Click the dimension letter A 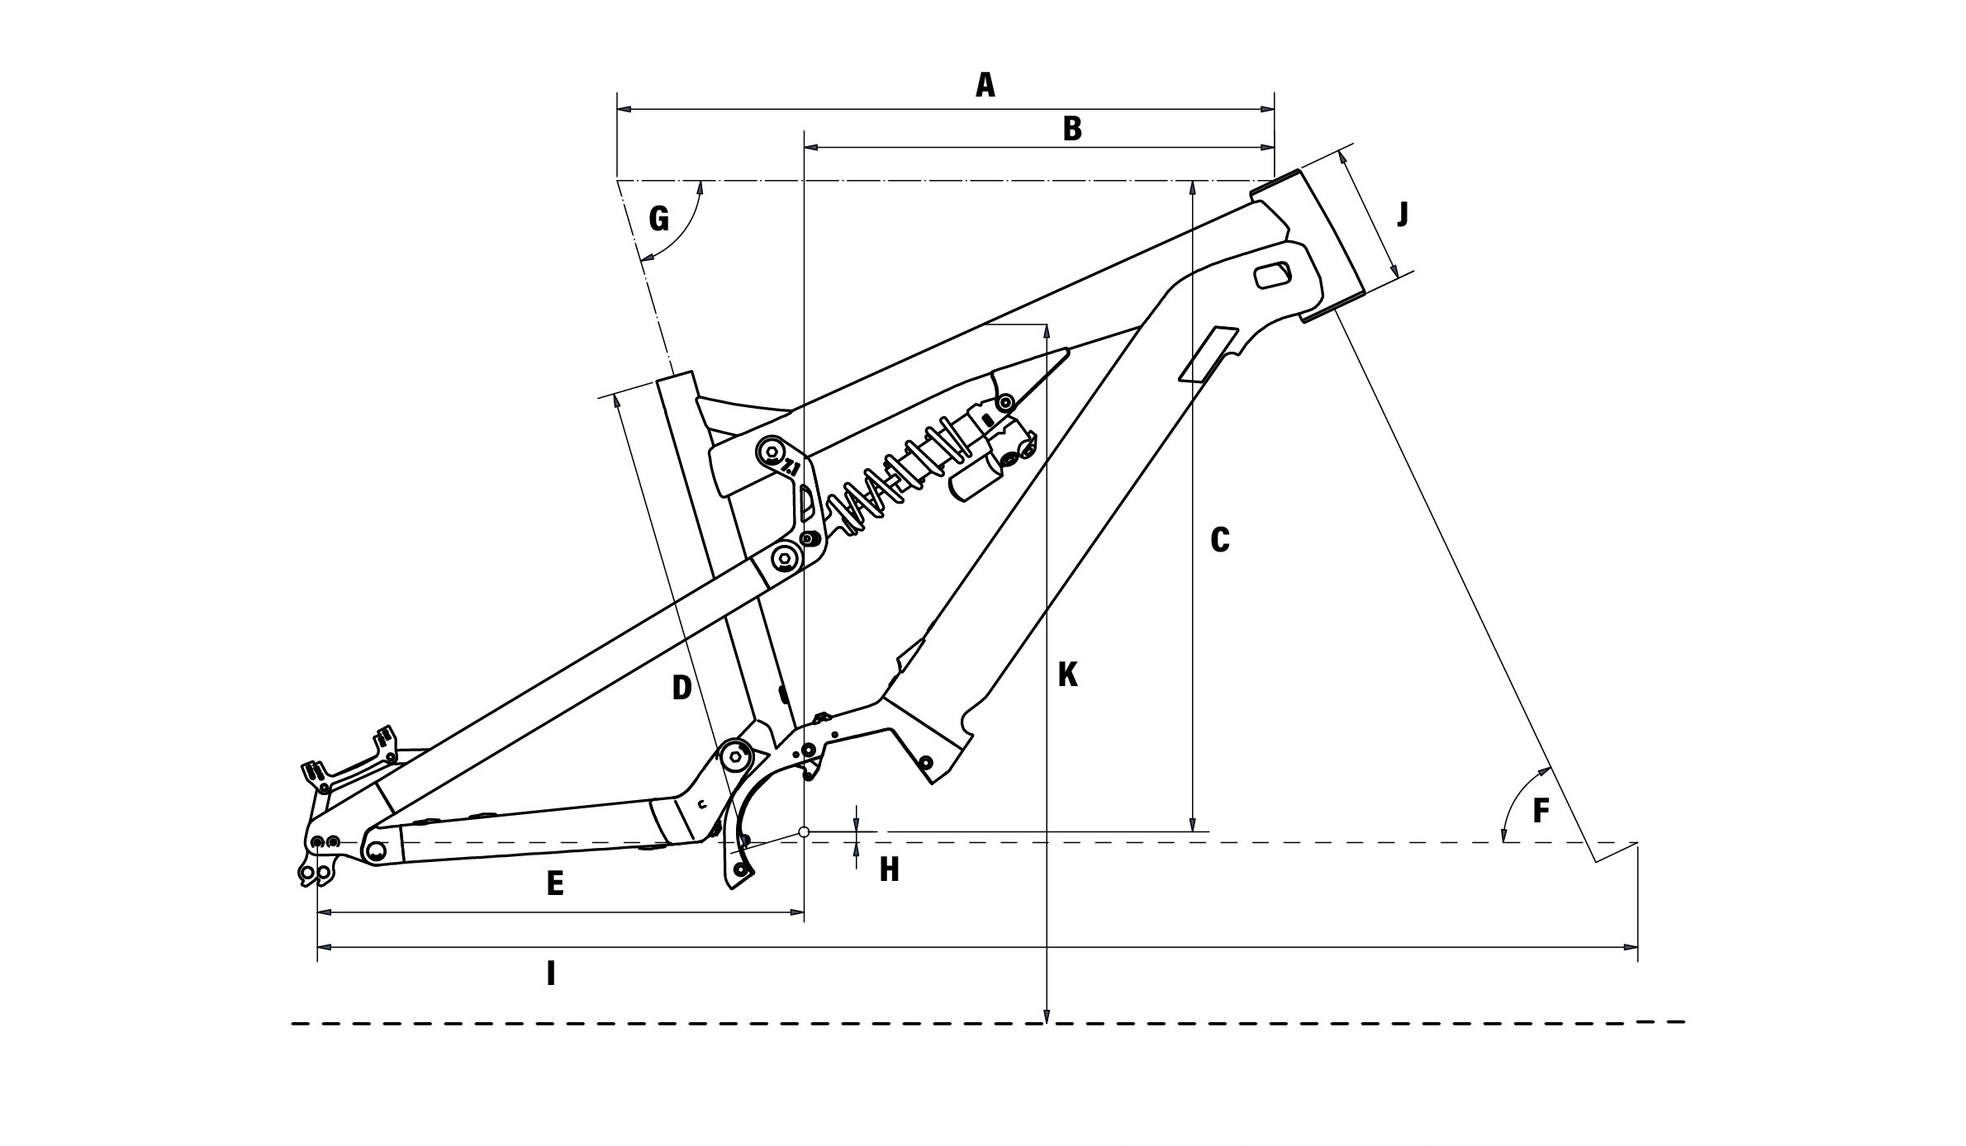click(985, 85)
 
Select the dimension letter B click(1072, 129)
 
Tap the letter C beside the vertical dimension click(1219, 540)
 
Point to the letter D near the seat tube click(681, 688)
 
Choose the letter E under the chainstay click(555, 884)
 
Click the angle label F click(1541, 812)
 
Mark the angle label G click(658, 219)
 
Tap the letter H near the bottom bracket click(889, 869)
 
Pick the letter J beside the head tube click(1403, 215)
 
